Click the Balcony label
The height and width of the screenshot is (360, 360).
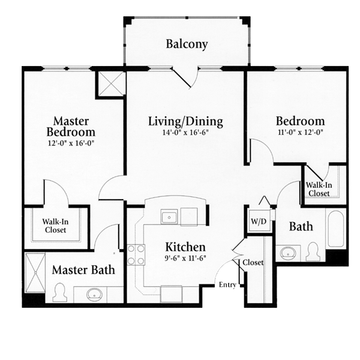point(187,44)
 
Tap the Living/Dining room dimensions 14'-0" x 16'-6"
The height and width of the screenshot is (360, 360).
point(185,133)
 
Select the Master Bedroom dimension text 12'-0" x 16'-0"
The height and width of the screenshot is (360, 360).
point(71,143)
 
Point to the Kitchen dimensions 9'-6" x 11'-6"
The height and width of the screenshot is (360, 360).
point(185,258)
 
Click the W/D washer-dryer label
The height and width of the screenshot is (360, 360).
point(259,221)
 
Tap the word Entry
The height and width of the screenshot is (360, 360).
point(227,285)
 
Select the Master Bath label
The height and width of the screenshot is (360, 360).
point(83,270)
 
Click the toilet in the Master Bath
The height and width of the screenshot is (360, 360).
point(60,293)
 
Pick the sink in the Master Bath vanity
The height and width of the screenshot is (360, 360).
point(94,295)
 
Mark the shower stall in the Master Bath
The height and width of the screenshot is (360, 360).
point(35,273)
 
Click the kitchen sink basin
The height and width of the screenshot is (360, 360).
point(169,217)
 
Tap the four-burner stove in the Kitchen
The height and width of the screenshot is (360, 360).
point(136,254)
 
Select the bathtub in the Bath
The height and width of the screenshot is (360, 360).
point(335,230)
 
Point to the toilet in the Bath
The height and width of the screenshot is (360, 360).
point(314,251)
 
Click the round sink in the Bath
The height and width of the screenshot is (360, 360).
point(288,253)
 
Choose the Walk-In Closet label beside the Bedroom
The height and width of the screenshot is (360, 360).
point(319,189)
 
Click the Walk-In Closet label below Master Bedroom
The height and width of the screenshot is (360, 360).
point(55,226)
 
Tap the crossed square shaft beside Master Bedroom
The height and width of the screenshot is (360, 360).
point(110,83)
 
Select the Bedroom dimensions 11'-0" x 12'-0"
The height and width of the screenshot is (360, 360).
point(301,133)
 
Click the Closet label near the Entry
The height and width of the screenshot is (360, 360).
point(253,262)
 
